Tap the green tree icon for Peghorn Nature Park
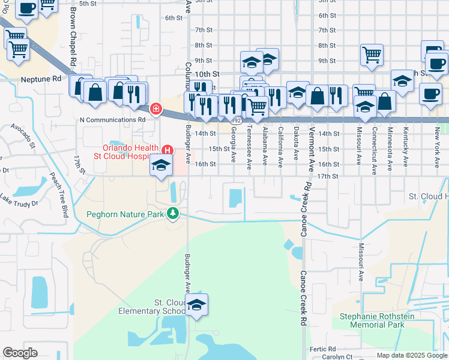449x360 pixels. pos(173,213)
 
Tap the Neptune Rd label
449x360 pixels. pos(41,79)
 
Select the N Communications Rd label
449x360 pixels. pos(113,119)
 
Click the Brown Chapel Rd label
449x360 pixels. pos(73,35)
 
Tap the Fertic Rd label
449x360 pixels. pos(323,349)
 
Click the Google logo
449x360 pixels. pos(20,353)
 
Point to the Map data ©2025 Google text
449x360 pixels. pos(411,355)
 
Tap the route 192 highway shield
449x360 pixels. pos(237,121)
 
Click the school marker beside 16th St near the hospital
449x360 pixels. pos(161,167)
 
